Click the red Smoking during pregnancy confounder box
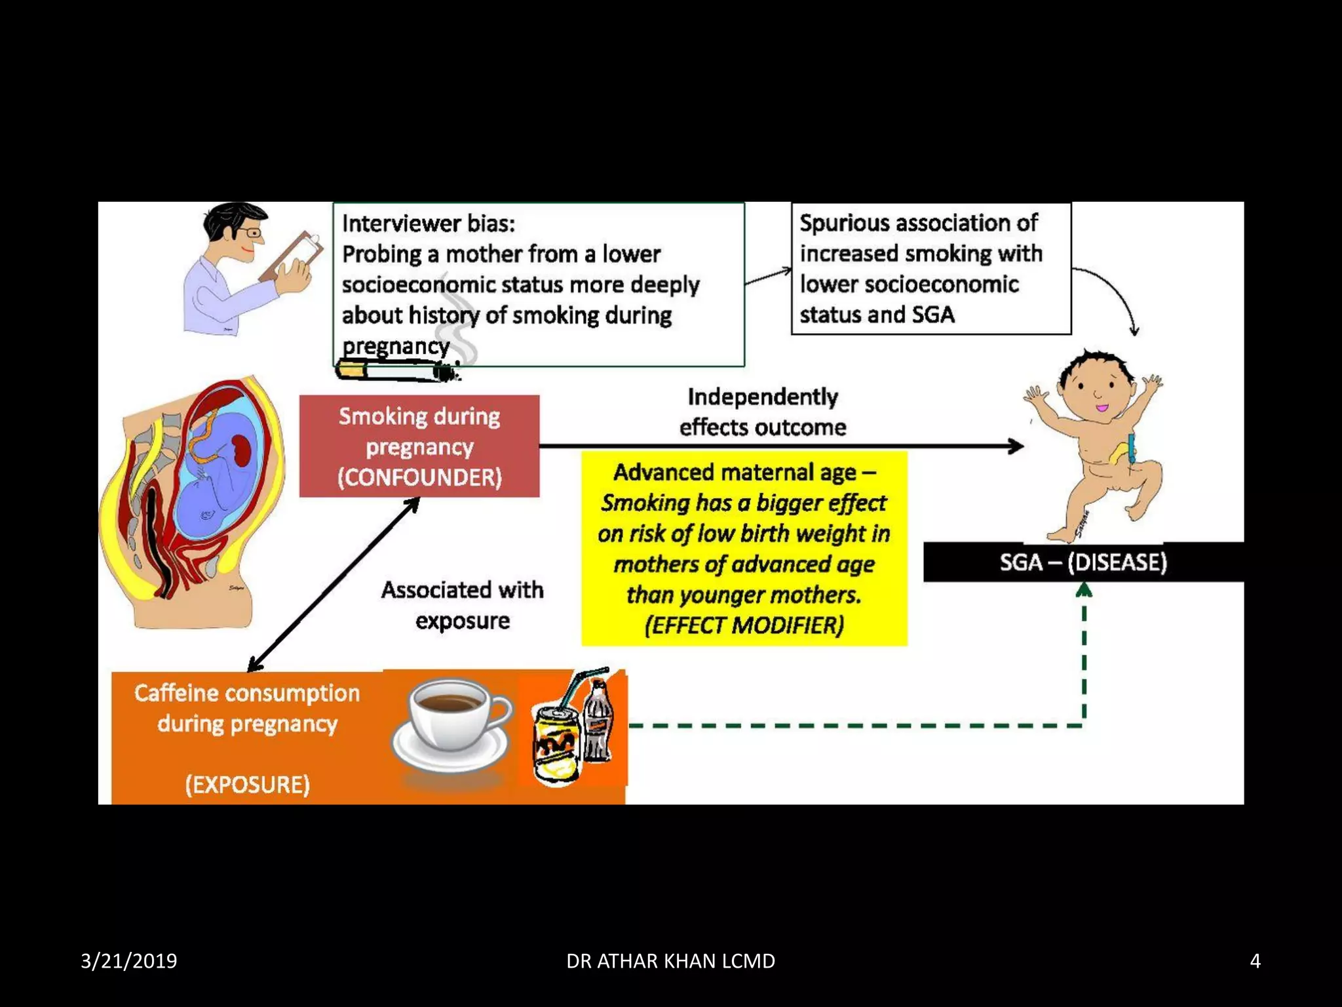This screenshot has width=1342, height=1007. pos(419,446)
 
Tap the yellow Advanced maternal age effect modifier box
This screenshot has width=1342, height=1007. pos(744,548)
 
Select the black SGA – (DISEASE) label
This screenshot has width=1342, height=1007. pos(1083,563)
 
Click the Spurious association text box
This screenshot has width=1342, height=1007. pos(930,269)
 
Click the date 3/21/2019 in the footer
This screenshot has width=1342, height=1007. pos(128,961)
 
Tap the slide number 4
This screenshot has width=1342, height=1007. pos(1255,961)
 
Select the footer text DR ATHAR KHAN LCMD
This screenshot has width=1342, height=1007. pos(670,961)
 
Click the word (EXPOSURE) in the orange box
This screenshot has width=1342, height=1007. pos(247,784)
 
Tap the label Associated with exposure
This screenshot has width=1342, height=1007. pos(462,604)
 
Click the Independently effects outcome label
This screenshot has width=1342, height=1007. pos(762,412)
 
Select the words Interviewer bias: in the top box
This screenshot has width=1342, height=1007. pos(429,224)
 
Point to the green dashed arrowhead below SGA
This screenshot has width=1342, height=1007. pos(1084,591)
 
